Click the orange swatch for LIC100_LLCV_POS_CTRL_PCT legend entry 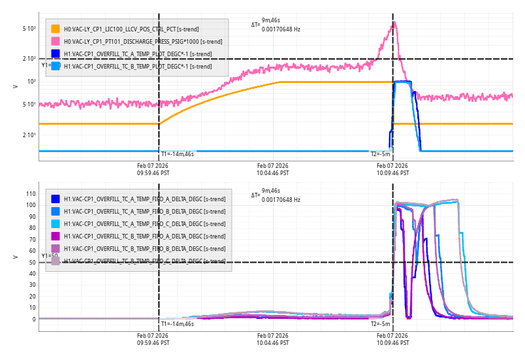(56, 29)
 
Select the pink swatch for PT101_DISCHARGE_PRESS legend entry (56, 41)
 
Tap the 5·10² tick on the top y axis (29, 29)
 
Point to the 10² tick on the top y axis (31, 82)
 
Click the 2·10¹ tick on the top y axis (29, 135)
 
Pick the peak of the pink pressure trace (394, 23)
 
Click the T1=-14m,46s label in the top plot (178, 154)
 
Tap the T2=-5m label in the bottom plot (381, 324)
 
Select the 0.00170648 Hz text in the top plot (281, 29)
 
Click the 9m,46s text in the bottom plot (272, 191)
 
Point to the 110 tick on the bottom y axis (30, 194)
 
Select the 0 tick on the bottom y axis (34, 319)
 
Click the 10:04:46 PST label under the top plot (272, 174)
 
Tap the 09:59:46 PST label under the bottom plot (153, 343)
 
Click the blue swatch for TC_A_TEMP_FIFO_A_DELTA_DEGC (56, 199)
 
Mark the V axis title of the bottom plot (15, 257)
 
